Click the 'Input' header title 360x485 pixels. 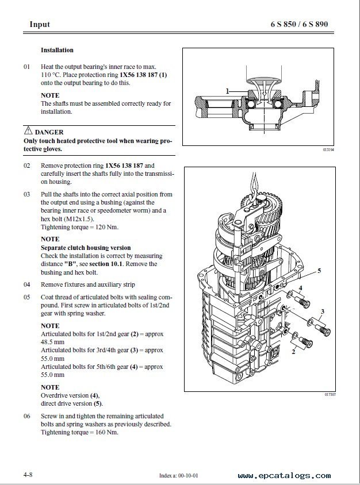pos(40,24)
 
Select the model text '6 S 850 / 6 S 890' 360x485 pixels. pos(302,24)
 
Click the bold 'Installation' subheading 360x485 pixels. pos(57,51)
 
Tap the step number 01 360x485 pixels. pos(26,67)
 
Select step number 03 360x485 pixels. pos(26,195)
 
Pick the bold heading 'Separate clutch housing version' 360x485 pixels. pos(86,248)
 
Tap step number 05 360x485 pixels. pos(26,297)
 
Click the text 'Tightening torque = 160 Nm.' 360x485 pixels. pos(79,432)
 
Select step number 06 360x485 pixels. pos(26,416)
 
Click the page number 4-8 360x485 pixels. pos(28,475)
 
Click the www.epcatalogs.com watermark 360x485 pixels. pos(284,476)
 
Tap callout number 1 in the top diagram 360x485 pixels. pos(228,91)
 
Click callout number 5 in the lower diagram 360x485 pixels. pos(319,270)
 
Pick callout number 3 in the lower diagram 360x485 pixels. pos(323,311)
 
